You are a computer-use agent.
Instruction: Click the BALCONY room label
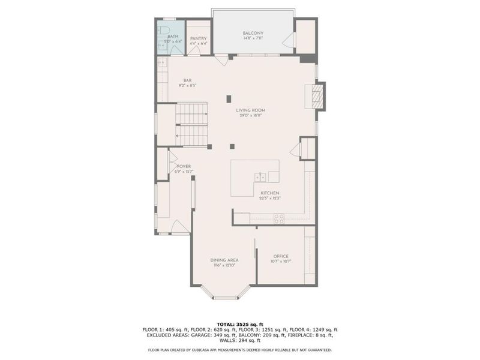tap(253, 33)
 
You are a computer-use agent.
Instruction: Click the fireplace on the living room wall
tap(318, 96)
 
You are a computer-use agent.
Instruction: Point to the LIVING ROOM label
tap(250, 110)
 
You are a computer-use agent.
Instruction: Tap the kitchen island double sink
tap(260, 177)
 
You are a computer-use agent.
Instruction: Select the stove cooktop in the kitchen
tap(279, 219)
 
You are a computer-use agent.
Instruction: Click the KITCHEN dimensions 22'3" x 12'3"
tap(270, 198)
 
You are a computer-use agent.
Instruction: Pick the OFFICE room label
tap(281, 256)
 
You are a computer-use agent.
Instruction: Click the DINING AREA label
tap(224, 260)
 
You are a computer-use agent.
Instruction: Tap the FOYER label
tap(184, 166)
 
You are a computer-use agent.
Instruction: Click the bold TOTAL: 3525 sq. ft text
tap(240, 324)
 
